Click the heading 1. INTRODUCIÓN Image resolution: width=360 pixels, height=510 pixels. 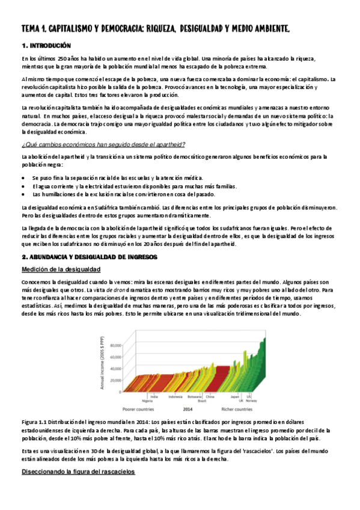coord(46,46)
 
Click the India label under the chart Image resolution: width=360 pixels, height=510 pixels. coord(154,396)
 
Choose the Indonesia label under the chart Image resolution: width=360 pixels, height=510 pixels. coord(175,396)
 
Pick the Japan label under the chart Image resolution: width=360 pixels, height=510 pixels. coord(236,396)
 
